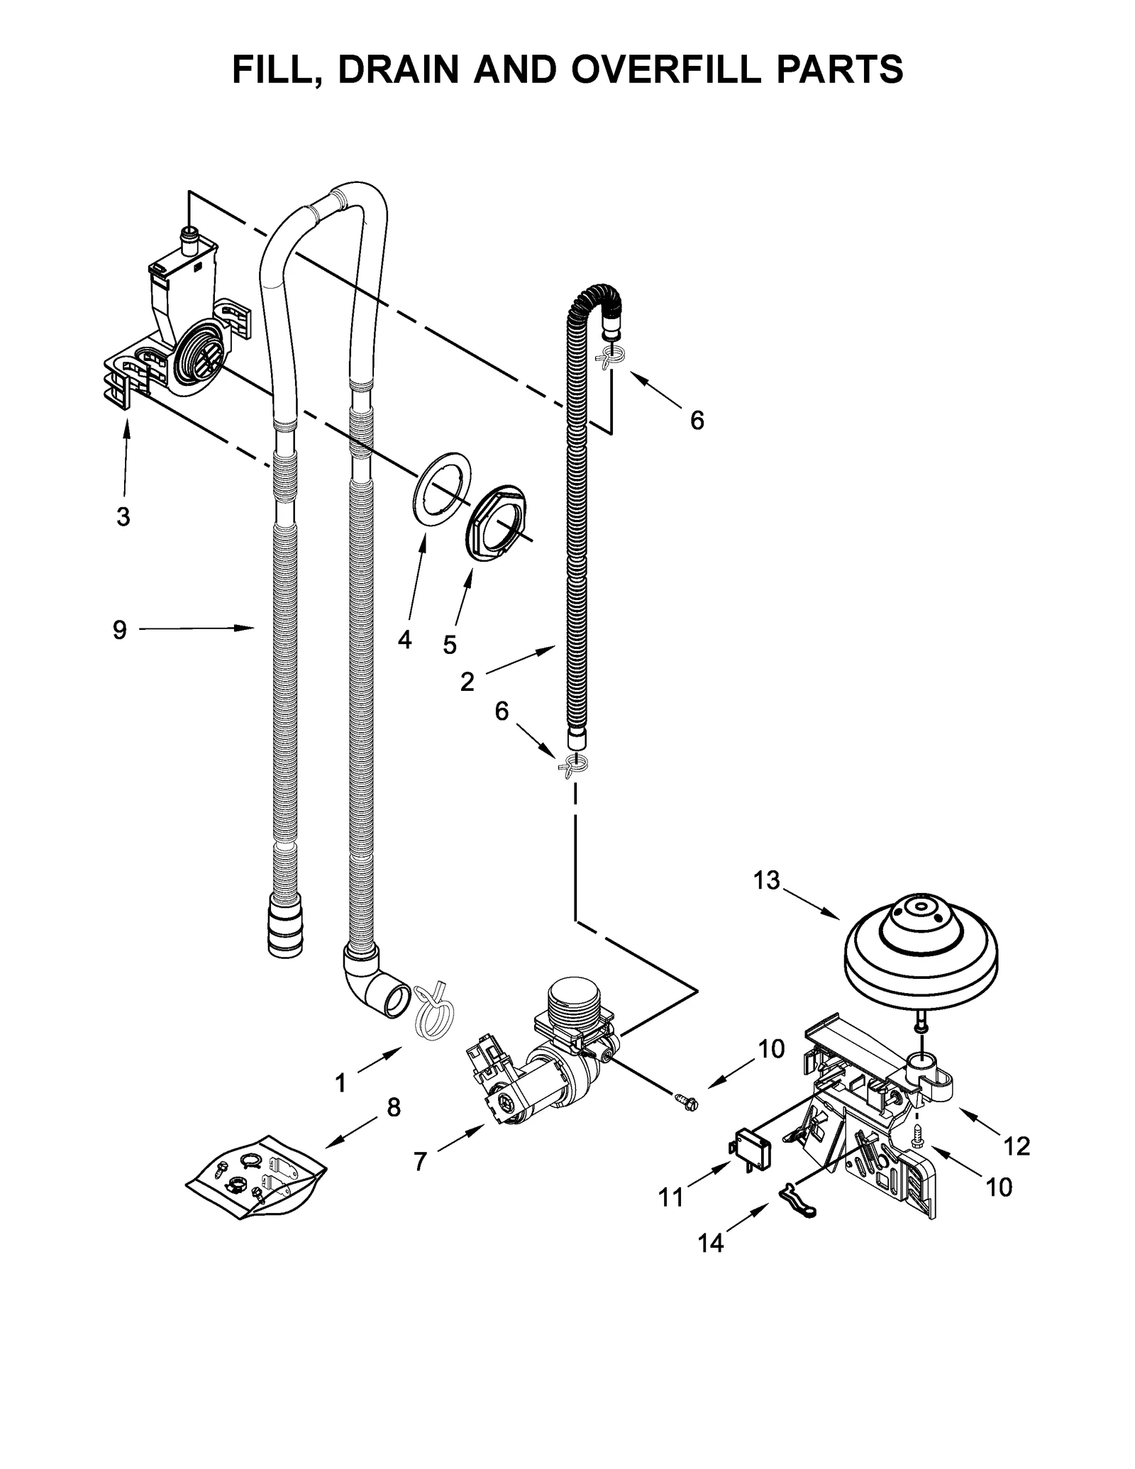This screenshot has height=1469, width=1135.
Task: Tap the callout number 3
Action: (x=123, y=517)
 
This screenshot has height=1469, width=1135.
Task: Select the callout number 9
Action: (x=119, y=629)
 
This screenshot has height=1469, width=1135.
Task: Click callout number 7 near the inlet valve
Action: (x=420, y=1161)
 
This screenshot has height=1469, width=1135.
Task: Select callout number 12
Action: (x=1017, y=1145)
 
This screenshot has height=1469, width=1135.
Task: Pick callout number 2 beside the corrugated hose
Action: (x=467, y=682)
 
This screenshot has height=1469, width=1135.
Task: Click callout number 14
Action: (x=710, y=1243)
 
